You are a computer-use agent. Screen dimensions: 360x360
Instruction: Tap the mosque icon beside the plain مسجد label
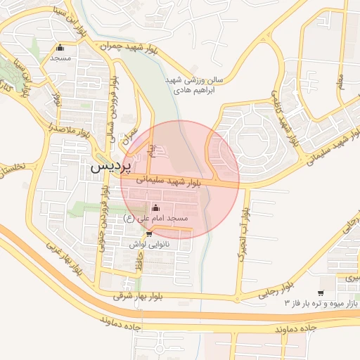pos(60,49)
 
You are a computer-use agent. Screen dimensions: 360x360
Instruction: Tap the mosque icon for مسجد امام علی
pos(155,207)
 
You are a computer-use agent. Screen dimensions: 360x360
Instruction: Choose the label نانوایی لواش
pos(146,243)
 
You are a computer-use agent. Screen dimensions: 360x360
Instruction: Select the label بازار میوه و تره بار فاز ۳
pos(321,303)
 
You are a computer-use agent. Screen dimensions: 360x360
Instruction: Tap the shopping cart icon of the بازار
pos(321,293)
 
